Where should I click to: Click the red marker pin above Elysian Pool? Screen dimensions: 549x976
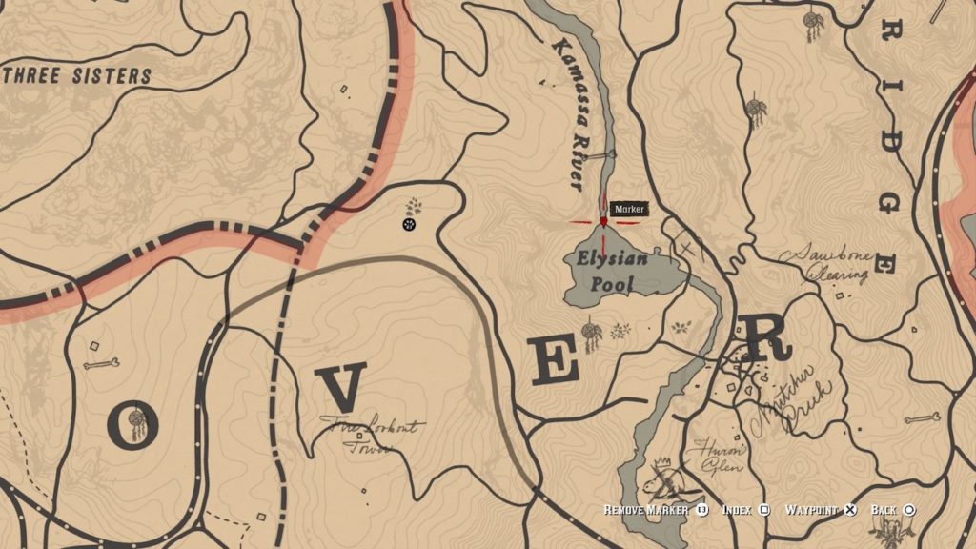click(603, 221)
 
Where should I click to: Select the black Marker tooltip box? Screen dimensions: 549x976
click(629, 209)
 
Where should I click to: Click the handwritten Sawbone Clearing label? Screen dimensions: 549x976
click(825, 264)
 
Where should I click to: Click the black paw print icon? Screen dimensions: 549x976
click(409, 225)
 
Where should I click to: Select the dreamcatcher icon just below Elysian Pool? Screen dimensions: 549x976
click(592, 335)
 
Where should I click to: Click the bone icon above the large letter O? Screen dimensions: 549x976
click(100, 363)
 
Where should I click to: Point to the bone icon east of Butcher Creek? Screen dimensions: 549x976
click(922, 418)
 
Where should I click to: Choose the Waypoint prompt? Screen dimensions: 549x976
click(819, 510)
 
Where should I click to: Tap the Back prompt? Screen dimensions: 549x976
click(892, 510)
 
